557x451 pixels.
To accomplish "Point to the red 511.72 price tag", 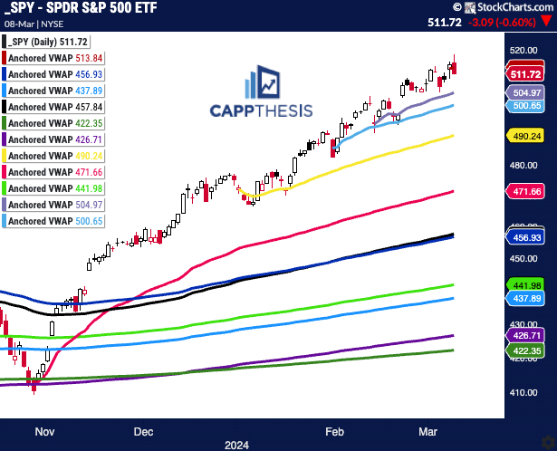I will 526,74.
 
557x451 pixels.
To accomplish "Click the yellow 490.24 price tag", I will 526,135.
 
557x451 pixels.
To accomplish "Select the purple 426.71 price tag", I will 526,336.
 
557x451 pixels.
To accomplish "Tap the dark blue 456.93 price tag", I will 526,237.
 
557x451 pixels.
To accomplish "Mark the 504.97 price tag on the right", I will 526,92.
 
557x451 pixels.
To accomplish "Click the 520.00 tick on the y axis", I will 524,51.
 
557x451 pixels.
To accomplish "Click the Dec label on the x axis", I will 144,433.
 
